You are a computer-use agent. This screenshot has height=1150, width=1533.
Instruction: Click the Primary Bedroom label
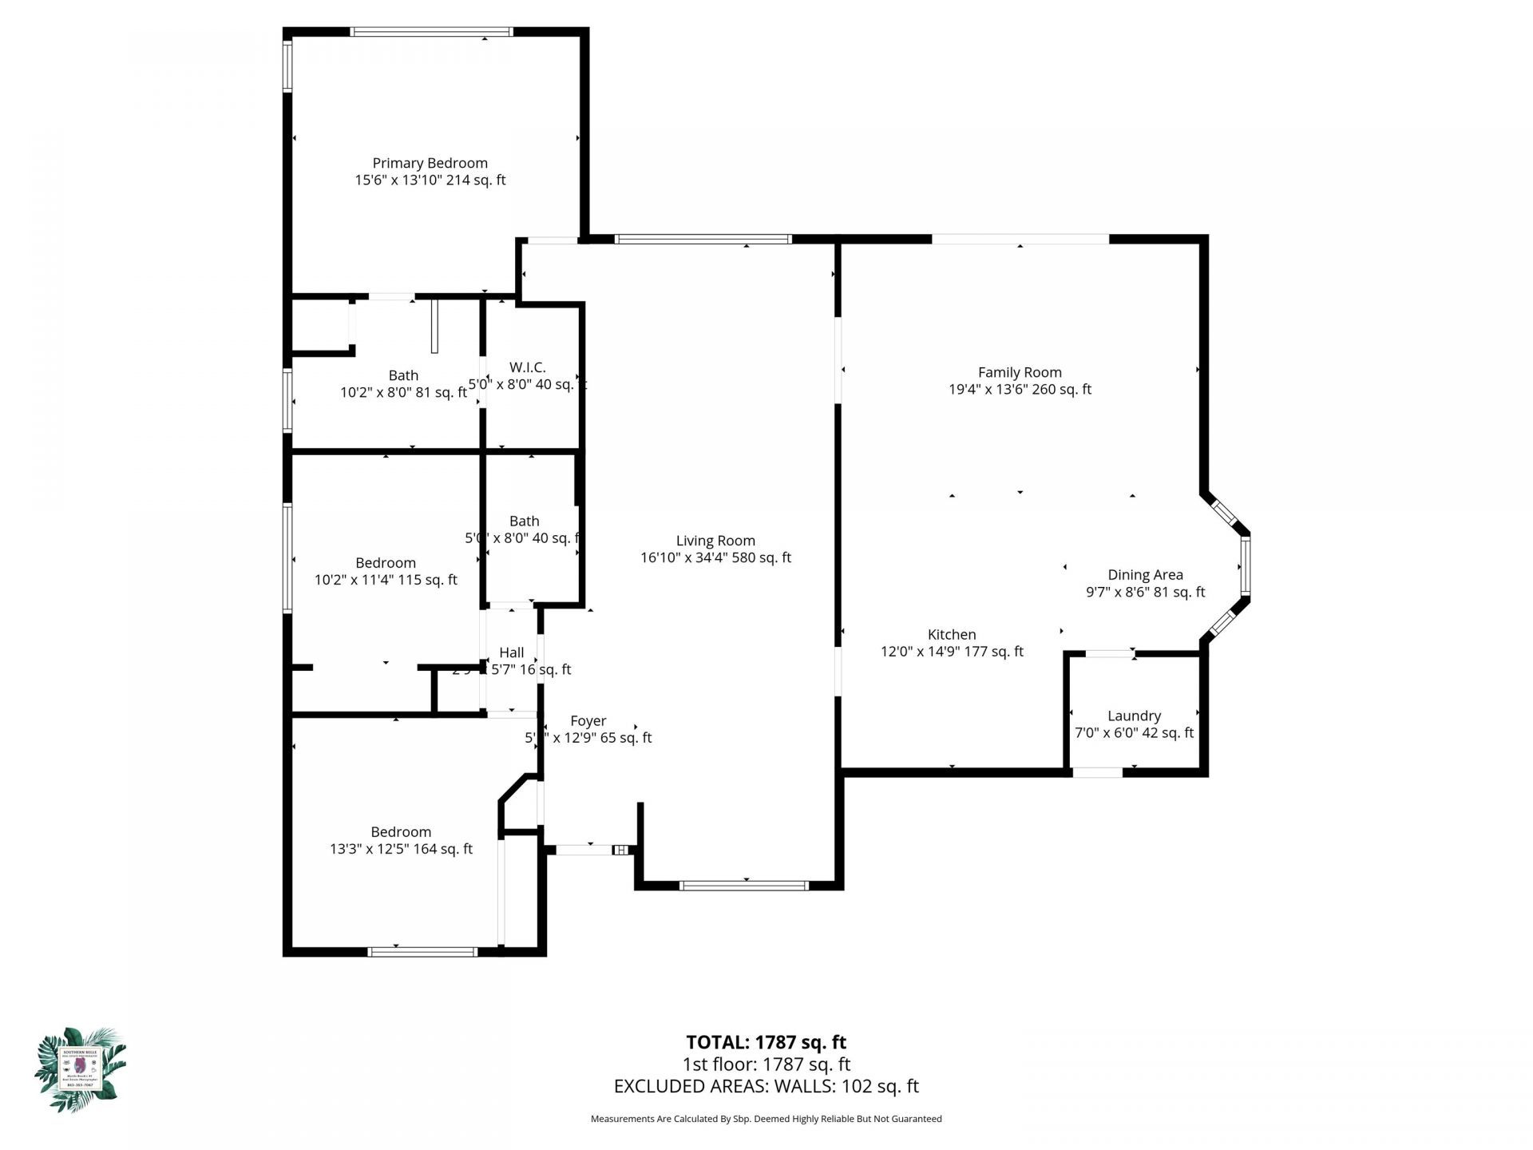(430, 163)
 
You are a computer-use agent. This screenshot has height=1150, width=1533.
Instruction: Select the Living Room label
(715, 541)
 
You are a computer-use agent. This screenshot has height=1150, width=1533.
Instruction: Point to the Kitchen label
(951, 635)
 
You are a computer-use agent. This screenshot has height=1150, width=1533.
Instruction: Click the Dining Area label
(1145, 575)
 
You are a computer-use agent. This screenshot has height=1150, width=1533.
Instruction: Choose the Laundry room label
(1134, 716)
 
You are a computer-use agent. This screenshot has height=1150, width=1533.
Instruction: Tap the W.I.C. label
(527, 367)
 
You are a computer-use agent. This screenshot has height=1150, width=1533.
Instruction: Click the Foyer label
(588, 721)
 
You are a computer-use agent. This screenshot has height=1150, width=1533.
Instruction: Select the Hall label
(511, 652)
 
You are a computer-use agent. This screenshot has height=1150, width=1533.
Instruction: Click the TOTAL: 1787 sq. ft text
(766, 1042)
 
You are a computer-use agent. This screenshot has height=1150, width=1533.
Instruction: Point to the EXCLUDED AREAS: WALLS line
(766, 1086)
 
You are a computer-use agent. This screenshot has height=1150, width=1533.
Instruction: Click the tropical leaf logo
(80, 1069)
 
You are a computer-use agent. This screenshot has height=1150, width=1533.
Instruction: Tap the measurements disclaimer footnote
(766, 1119)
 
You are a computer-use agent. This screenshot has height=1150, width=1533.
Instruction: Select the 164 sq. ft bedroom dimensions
(401, 849)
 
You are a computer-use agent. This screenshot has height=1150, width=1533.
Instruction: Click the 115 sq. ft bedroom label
(386, 563)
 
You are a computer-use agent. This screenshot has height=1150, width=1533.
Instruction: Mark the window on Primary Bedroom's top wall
(431, 32)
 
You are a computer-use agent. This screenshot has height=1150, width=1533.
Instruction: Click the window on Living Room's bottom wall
(744, 885)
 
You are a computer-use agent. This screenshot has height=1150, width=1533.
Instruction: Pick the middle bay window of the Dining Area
(1245, 566)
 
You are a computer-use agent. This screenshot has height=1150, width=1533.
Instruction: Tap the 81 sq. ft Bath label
(403, 375)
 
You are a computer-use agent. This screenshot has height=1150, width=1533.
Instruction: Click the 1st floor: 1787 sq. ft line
(766, 1065)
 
